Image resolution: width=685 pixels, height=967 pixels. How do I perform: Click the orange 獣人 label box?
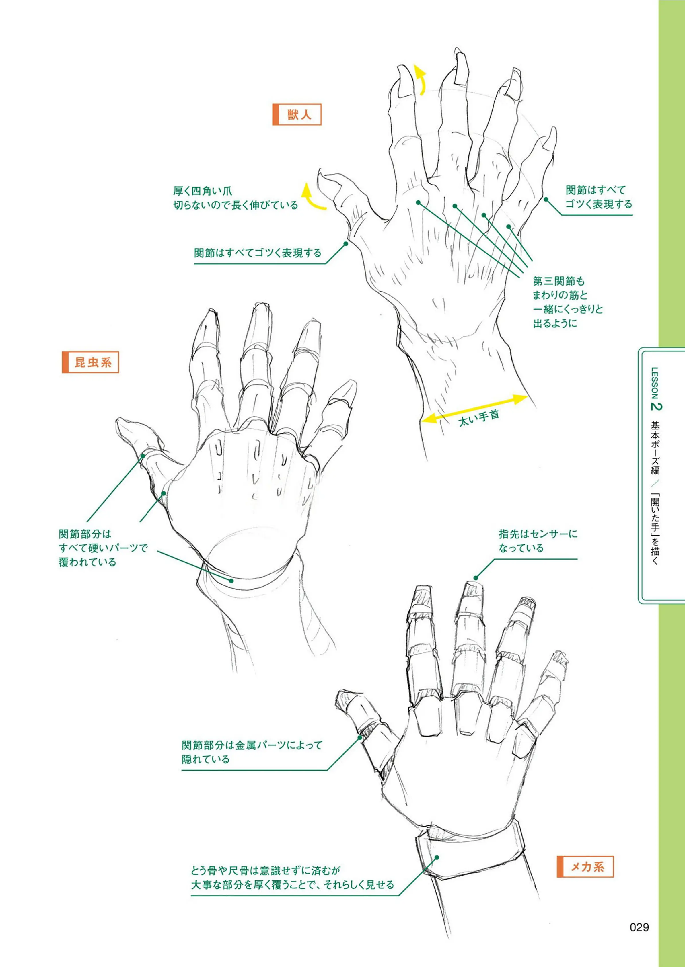[x=297, y=115]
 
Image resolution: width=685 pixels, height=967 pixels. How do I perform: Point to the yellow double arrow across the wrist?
[x=474, y=408]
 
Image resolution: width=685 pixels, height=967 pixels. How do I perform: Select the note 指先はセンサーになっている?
[x=538, y=541]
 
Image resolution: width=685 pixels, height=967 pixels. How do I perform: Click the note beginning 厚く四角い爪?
[x=236, y=198]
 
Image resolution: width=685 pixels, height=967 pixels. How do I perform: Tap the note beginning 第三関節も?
[x=568, y=302]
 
